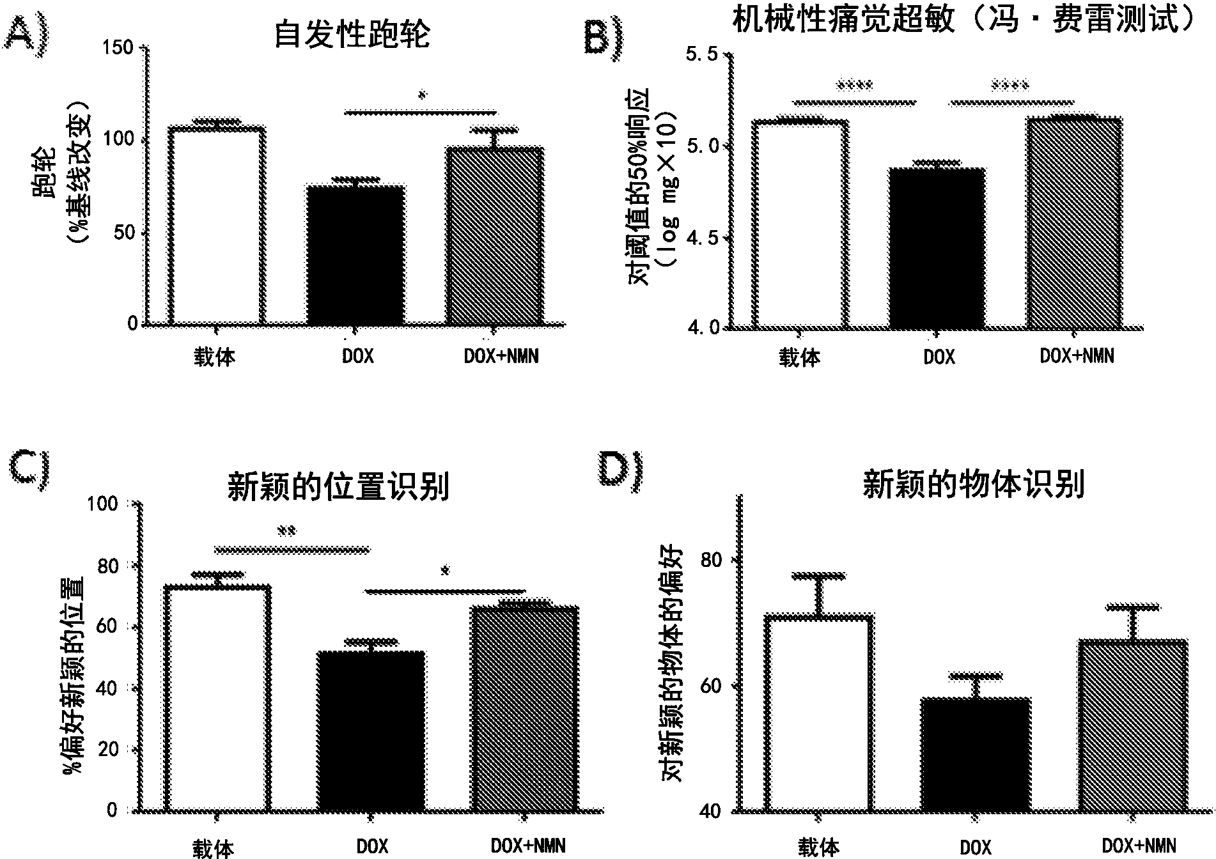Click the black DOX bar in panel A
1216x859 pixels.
pos(355,256)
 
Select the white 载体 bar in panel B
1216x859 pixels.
pos(800,224)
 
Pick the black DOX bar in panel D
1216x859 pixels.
pos(976,754)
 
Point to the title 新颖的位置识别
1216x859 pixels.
pos(338,488)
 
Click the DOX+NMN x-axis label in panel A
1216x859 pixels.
pos(501,355)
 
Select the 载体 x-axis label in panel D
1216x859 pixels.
pos(818,847)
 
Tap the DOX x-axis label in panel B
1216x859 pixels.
pos(939,357)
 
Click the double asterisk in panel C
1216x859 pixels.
pos(287,530)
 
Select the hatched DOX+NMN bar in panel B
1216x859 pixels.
pos(1075,224)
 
